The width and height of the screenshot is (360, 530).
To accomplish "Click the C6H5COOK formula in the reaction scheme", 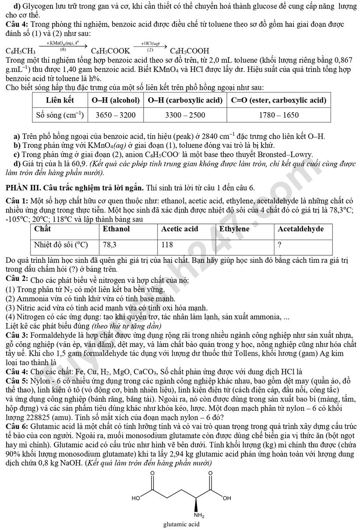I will [110, 51].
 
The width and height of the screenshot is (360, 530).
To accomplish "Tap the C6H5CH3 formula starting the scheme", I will [21, 51].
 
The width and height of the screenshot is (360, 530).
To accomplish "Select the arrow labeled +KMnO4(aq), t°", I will [63, 45].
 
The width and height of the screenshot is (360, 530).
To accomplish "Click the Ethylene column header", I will [234, 229].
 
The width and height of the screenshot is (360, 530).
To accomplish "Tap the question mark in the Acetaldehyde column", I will [279, 244].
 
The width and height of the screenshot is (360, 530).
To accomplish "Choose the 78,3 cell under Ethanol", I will [109, 244].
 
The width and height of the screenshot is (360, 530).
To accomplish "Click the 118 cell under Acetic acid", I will [167, 244].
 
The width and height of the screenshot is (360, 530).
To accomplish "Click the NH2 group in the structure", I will [199, 515].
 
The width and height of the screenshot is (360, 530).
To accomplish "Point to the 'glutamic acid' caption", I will [182, 524].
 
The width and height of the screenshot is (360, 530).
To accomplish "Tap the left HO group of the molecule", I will [136, 498].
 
